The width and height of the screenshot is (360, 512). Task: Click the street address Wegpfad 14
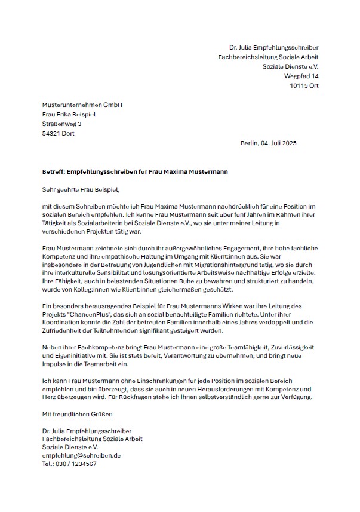[x=301, y=76]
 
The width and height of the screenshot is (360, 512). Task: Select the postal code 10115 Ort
[x=304, y=86]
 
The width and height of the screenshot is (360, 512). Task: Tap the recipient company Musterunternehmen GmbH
[x=82, y=105]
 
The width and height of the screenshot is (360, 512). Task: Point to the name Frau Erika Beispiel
[x=69, y=114]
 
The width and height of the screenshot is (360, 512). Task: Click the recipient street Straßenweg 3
[x=62, y=124]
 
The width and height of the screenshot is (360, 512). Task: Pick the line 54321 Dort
[x=59, y=133]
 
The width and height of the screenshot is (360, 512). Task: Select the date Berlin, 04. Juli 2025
[x=268, y=143]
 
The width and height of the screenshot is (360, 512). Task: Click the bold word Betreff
[x=53, y=171]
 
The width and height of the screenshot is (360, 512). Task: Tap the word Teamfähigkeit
[x=225, y=347]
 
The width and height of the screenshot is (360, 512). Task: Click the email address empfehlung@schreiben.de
[x=81, y=455]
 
